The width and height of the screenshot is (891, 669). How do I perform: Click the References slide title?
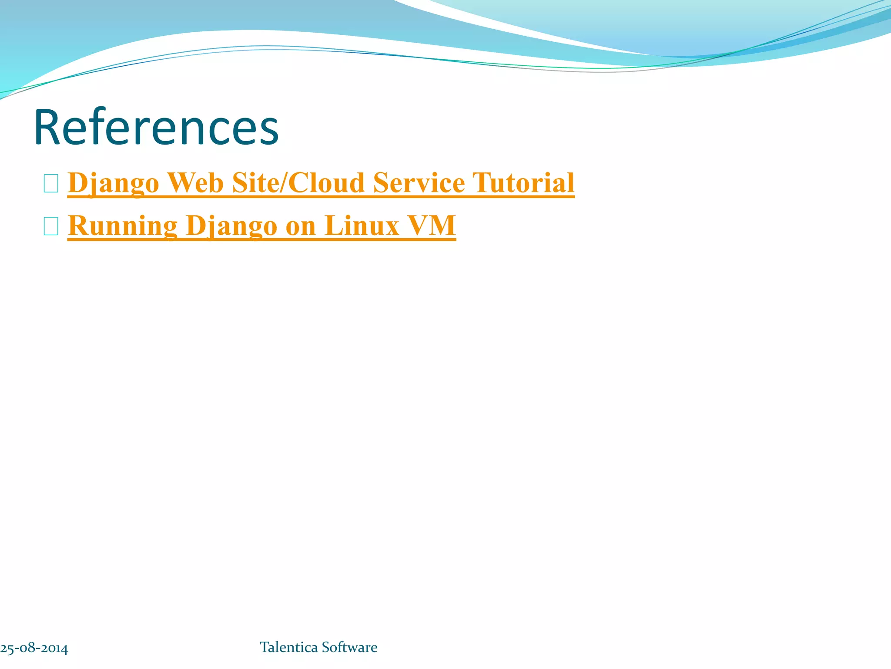point(156,128)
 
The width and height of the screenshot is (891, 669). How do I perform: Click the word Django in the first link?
point(114,182)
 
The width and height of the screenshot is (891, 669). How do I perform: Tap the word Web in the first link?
point(196,182)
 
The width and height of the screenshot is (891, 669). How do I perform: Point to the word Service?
point(419,182)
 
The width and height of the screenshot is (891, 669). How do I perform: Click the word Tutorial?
point(523,182)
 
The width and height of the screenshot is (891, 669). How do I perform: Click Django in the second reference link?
point(231,226)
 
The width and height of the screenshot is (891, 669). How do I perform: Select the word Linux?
point(362,226)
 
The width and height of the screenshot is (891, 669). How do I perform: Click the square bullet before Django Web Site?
point(51,183)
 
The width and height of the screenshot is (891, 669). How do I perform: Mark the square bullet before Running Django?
point(51,226)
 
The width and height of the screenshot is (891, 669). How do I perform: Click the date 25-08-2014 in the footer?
point(34,648)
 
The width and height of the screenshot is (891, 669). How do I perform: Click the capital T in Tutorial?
point(480,182)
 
